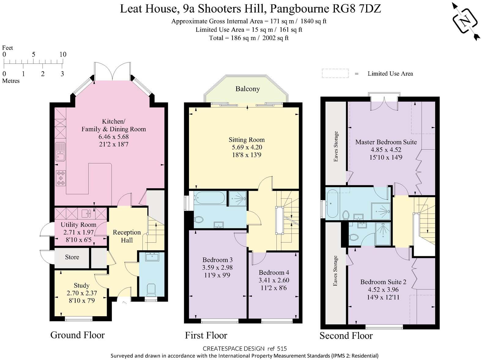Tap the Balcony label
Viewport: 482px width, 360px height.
point(247,89)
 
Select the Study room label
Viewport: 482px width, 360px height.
point(81,285)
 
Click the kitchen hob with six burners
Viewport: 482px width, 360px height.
point(61,178)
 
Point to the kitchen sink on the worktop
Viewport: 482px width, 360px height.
point(60,152)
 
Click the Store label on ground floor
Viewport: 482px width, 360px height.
point(72,257)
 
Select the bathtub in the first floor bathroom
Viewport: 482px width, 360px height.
point(210,198)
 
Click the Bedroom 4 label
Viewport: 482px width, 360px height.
point(274,272)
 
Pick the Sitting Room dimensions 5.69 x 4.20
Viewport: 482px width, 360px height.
point(247,147)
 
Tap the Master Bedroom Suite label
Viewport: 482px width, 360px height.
point(386,142)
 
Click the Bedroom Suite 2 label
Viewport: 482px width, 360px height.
point(383,282)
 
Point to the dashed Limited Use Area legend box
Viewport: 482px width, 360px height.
point(335,73)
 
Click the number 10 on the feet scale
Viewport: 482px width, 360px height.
point(63,54)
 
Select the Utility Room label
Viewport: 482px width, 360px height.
point(78,225)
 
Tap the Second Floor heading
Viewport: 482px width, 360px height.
point(346,336)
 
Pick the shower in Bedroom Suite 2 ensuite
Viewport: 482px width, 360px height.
point(383,234)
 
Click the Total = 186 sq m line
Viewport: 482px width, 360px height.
point(249,38)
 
